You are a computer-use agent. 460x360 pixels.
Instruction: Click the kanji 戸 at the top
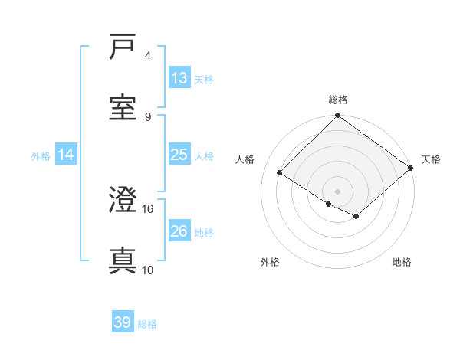point(123,47)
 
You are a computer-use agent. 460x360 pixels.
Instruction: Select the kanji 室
point(123,108)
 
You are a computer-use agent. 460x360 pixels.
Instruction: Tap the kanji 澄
point(123,201)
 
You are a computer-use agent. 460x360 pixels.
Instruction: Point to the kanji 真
point(123,261)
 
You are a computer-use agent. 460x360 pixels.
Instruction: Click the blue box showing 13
point(179,78)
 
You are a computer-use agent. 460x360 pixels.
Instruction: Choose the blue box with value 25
point(179,155)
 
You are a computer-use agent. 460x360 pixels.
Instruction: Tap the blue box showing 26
point(179,231)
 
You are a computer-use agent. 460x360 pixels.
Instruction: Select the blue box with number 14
point(66,155)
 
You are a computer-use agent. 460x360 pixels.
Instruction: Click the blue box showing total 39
point(123,323)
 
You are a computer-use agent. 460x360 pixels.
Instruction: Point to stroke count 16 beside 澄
point(148,208)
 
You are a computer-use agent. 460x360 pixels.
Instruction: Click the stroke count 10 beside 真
point(148,270)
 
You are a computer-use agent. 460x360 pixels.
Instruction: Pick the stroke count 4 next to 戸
point(148,55)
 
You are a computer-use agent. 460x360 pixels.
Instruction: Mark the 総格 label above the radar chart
point(338,100)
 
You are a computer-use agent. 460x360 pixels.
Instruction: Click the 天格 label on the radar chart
point(432,159)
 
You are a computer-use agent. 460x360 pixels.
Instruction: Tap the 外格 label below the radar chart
point(271,262)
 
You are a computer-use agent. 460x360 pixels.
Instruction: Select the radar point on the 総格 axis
point(338,116)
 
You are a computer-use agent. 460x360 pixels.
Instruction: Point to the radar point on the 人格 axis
point(280,173)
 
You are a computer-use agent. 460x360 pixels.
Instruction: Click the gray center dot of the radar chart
point(338,191)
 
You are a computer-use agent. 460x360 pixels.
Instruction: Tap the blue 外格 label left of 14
point(41,155)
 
